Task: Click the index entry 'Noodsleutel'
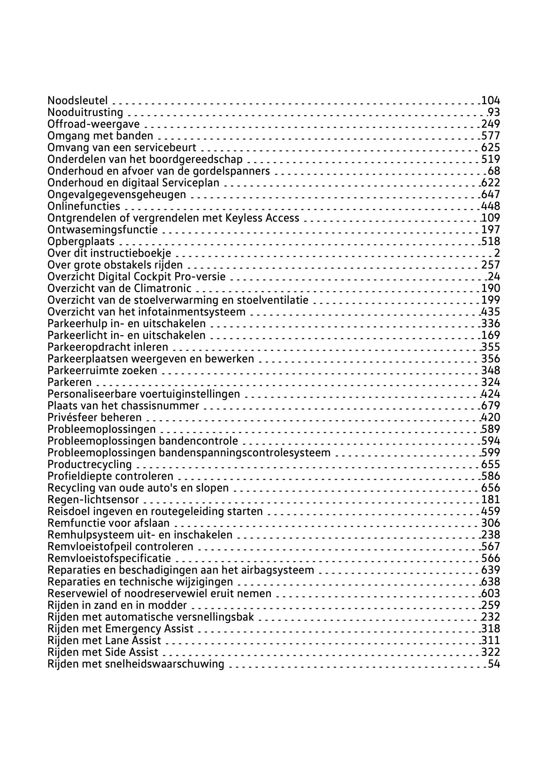[x=77, y=100]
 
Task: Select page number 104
[x=491, y=100]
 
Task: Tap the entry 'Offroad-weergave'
[x=93, y=124]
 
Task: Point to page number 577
[x=491, y=136]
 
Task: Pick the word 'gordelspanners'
[x=237, y=171]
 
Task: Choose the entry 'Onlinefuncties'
[x=84, y=207]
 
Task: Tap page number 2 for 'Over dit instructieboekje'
[x=497, y=254]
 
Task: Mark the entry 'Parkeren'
[x=69, y=382]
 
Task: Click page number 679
[x=491, y=406]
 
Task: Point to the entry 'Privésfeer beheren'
[x=94, y=417]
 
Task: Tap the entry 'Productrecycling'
[x=90, y=465]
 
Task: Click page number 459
[x=491, y=512]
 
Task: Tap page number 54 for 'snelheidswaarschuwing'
[x=494, y=664]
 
